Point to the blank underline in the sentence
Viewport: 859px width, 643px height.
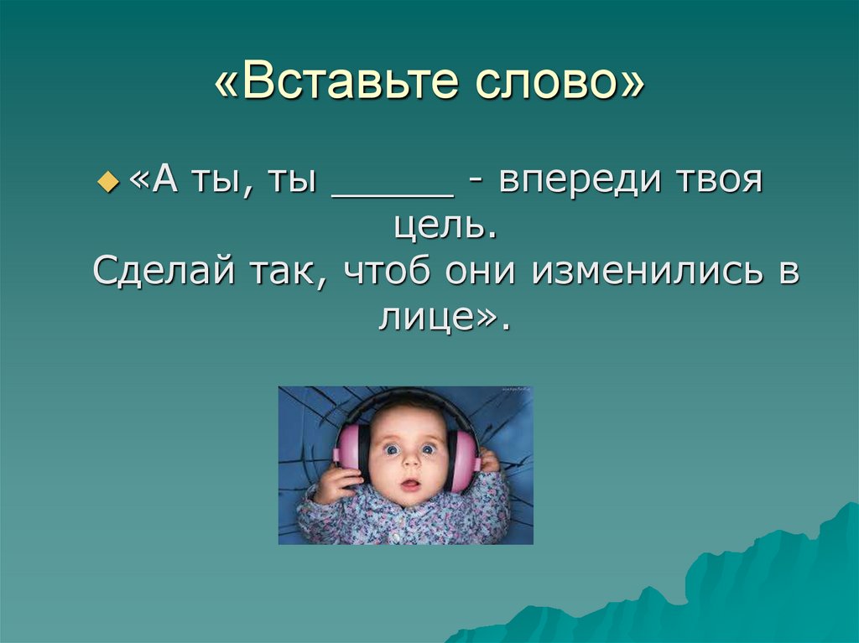tap(393, 194)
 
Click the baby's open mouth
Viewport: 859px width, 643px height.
tap(410, 485)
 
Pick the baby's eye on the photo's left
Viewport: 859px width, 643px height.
tap(392, 449)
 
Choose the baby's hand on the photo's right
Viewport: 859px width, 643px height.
tap(487, 460)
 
